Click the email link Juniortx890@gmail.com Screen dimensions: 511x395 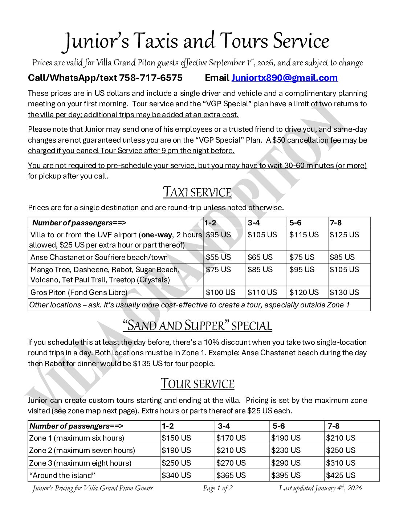[284, 78]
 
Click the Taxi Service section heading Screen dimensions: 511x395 [197, 192]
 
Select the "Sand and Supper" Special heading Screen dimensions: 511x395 [197, 326]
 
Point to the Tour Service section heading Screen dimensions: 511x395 [197, 384]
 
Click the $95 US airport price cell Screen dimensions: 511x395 [218, 235]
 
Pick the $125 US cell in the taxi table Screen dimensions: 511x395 [344, 235]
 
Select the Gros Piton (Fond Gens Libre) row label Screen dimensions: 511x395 [79, 293]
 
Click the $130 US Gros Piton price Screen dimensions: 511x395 [344, 293]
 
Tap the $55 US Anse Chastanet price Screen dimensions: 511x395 [218, 257]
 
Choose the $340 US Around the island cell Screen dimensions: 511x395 [176, 475]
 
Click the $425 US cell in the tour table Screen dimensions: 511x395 [341, 475]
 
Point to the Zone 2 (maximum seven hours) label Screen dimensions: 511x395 [82, 450]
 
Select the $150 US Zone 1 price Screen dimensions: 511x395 [176, 438]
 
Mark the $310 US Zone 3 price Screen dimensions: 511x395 [341, 463]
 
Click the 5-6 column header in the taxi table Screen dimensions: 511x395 [296, 223]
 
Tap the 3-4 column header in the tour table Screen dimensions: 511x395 [224, 426]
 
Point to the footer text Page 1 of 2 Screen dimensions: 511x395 [217, 488]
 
